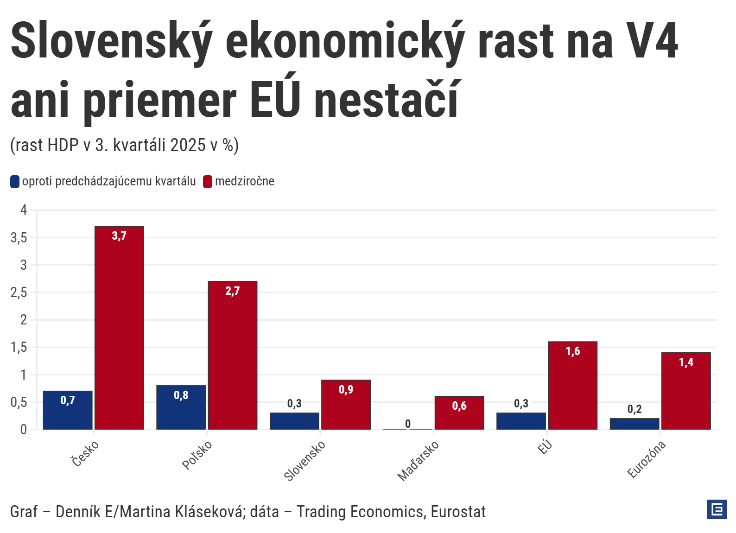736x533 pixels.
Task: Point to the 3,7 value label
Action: point(119,236)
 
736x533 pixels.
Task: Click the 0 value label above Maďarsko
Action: point(408,424)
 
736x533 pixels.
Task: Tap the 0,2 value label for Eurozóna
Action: point(634,409)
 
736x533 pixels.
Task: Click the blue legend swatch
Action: point(15,182)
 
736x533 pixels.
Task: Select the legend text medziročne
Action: point(245,181)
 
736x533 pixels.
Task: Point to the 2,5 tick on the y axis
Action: point(19,292)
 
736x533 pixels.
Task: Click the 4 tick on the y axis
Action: point(23,210)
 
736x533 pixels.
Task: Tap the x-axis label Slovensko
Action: point(305,461)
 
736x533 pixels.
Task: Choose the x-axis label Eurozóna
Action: point(647,459)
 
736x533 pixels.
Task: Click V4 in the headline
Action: point(652,41)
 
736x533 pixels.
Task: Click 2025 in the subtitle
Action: point(188,145)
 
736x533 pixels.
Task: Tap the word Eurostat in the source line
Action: point(458,512)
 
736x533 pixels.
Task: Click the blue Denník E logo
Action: point(717,510)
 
